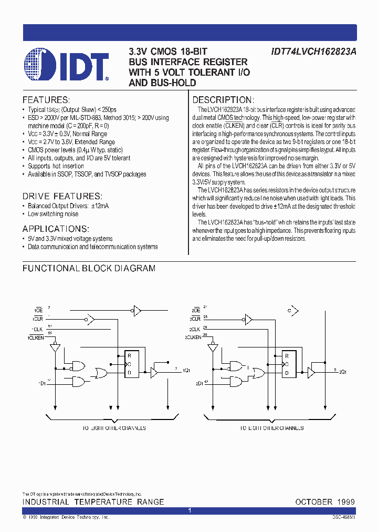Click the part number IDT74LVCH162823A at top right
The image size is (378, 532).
(x=313, y=52)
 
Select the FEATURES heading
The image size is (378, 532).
(x=46, y=100)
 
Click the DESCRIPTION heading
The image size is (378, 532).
(x=223, y=100)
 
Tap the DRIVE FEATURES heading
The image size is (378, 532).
(x=62, y=196)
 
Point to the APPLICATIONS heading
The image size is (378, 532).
(x=56, y=229)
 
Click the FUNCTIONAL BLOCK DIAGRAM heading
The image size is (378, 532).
(x=89, y=268)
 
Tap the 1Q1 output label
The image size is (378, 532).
(x=186, y=371)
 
